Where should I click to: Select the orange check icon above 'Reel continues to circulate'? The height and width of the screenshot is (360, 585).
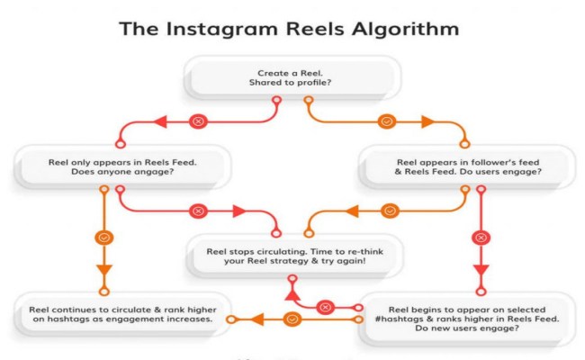click(103, 238)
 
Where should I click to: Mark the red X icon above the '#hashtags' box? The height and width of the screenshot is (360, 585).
click(480, 238)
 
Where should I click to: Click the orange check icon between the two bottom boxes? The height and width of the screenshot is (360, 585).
click(291, 319)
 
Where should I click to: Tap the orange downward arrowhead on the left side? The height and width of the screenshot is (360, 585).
click(103, 270)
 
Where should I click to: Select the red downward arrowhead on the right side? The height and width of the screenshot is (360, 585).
click(480, 270)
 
